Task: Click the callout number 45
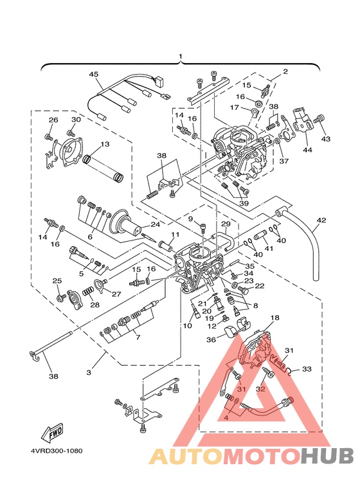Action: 93,74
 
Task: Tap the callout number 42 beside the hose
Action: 321,220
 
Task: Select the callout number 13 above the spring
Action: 105,144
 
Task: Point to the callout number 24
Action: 156,224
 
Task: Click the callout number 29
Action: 226,224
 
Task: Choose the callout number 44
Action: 307,150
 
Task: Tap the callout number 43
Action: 326,139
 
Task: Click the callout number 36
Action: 211,339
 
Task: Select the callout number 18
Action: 274,317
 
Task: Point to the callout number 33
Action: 307,369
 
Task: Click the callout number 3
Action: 89,372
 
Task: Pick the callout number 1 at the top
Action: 180,57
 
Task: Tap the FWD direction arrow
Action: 52,433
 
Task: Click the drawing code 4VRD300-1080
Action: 56,451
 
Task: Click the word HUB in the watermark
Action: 327,456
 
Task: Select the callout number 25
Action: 57,281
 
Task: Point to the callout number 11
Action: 175,235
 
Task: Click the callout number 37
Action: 284,161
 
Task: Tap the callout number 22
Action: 260,286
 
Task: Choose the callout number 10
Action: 188,325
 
